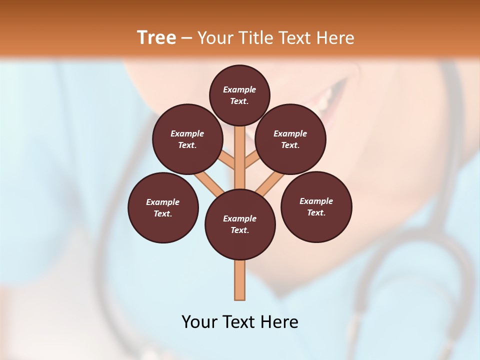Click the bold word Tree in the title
point(156,37)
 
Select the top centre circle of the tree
point(239,95)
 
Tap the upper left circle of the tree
point(187,139)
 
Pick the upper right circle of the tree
point(290,139)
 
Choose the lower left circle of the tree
point(163,207)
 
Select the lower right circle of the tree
point(316,206)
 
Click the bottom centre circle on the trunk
point(240,224)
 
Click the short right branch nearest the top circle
point(252,159)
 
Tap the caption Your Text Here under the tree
point(240,322)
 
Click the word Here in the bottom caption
point(280,322)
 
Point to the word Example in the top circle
point(239,89)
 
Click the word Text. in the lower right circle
point(316,212)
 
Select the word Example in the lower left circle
point(163,202)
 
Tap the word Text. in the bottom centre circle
point(239,230)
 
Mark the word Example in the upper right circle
point(290,133)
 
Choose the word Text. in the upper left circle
point(187,145)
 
